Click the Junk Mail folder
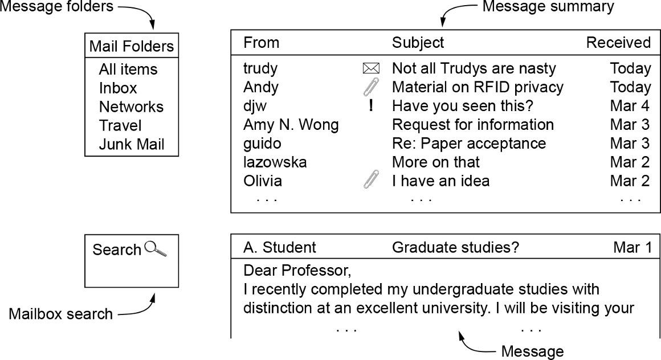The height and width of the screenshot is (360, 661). point(132,145)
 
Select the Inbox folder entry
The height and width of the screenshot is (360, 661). point(118,88)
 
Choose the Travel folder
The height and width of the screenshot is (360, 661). point(120,126)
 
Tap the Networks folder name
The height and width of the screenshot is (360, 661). point(131,107)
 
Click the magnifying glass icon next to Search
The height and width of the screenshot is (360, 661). point(156,249)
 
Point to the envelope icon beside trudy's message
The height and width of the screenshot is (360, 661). point(370,69)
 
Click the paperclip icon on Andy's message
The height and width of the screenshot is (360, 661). point(370,87)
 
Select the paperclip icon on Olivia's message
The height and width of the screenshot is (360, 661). point(370,181)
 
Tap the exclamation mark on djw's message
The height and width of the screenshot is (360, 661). point(371,106)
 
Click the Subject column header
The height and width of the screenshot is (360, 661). point(418,43)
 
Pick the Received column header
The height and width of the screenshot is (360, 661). point(618,43)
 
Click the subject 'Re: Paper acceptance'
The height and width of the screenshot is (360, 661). point(468,144)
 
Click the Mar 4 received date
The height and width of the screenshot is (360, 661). point(630,107)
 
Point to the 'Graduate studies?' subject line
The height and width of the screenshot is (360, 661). point(455,248)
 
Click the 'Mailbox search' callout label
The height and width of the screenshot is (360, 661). point(60,314)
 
